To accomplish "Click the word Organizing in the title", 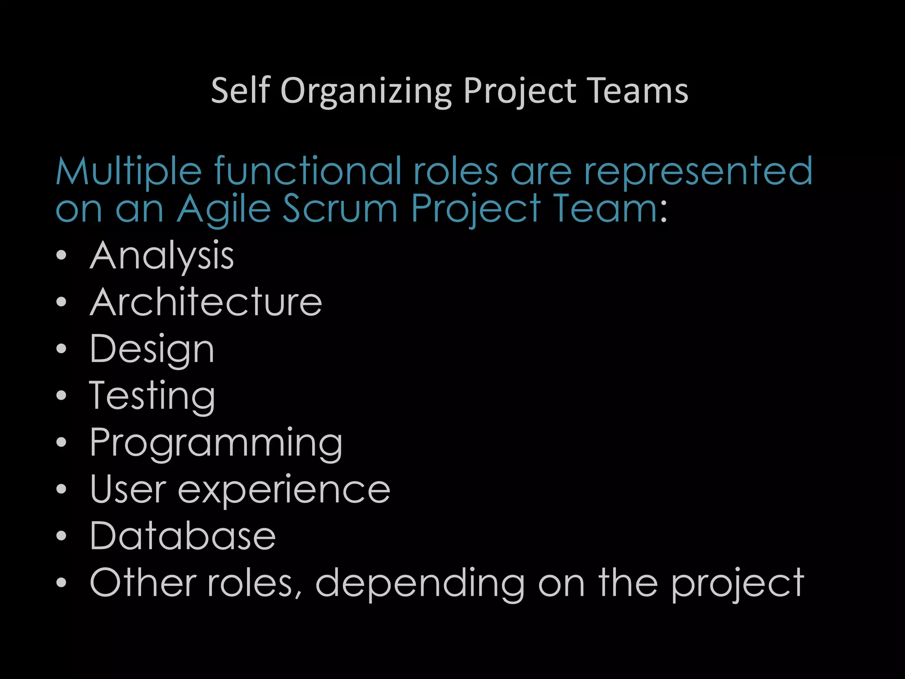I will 366,91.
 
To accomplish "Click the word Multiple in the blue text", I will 129,172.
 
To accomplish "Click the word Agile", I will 224,209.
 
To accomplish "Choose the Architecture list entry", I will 206,302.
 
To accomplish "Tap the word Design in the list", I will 152,350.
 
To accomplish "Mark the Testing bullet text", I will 152,397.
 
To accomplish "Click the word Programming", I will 216,443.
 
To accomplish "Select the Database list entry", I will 183,536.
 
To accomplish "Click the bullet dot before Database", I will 61,536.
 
